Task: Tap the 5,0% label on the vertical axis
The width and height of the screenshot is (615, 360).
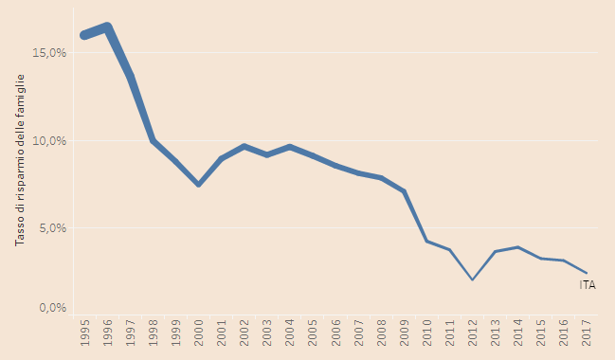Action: point(52,228)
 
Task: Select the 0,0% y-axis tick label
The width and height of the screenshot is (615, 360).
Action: point(52,308)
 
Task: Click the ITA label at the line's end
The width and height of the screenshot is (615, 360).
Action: point(588,284)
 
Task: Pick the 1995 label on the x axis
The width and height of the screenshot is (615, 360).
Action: point(85,333)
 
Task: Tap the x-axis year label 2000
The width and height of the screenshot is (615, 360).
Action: point(199,333)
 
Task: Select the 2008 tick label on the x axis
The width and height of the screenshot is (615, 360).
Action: point(381,333)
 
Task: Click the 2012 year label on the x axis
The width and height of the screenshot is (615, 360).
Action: point(472,333)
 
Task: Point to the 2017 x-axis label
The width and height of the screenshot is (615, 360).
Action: point(586,333)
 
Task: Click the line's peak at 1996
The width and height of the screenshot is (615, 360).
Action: point(108,27)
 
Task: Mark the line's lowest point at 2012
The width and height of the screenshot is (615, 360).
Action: point(472,279)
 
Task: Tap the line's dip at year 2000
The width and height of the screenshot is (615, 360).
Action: point(199,184)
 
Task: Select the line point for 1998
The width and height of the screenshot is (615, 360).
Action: point(154,140)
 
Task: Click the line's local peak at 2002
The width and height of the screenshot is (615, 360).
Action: point(244,146)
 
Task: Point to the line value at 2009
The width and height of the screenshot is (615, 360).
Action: point(404,191)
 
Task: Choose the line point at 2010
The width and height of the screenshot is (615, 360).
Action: point(426,241)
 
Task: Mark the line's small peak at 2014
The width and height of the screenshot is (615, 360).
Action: point(517,247)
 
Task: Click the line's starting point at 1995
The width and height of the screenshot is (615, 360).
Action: point(85,36)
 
